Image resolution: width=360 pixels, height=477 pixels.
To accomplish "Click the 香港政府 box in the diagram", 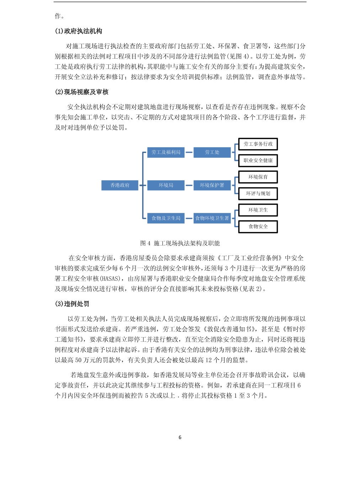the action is (x=120, y=185).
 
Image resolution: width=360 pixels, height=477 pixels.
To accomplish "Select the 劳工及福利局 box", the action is (x=166, y=152).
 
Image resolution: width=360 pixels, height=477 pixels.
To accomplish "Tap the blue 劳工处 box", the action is (x=212, y=152).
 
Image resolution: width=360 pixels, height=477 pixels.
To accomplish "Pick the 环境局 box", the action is (x=166, y=185).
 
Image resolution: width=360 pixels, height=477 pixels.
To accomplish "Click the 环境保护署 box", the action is (x=212, y=185).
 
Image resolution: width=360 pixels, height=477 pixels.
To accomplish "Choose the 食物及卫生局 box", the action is (x=166, y=218).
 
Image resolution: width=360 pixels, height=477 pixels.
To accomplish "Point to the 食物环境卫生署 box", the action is (x=212, y=218).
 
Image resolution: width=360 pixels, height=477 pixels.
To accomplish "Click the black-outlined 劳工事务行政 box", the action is (x=258, y=144).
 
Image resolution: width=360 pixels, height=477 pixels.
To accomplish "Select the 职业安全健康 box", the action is (x=258, y=160).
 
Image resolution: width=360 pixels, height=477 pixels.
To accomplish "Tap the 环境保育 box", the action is (x=258, y=177).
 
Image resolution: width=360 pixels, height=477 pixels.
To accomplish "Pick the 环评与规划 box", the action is (x=258, y=193).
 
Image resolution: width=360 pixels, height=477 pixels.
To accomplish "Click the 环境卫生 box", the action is (x=258, y=210).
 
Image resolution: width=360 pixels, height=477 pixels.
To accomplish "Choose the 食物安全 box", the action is (x=258, y=226).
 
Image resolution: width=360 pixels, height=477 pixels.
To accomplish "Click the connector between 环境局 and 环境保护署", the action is (x=189, y=186).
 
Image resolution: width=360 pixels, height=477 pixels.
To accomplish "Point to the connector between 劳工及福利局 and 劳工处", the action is (x=189, y=152).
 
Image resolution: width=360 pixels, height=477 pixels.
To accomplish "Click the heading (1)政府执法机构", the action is (x=79, y=31).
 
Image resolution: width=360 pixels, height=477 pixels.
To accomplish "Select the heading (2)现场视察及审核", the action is (x=81, y=92).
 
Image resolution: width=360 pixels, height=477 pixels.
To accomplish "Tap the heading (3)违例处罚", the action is (x=72, y=304).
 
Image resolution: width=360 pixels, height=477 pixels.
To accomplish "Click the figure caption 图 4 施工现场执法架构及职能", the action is (x=180, y=243).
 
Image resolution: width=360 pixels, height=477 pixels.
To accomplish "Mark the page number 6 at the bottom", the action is (x=180, y=437).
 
